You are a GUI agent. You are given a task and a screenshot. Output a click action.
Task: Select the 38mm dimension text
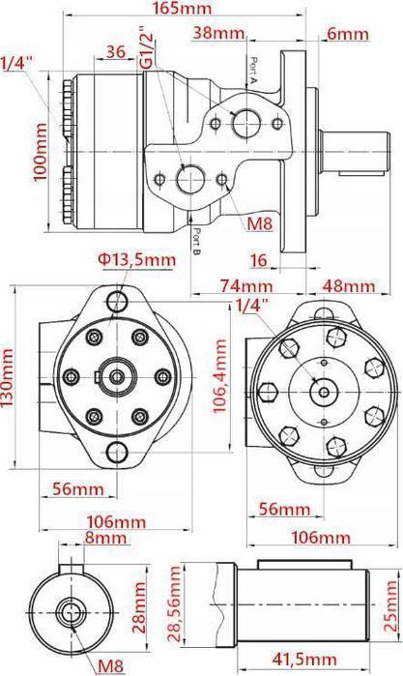(216, 33)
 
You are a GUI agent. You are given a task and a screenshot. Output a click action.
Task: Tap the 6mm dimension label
(349, 33)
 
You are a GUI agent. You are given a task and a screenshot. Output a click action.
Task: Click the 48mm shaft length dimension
(348, 286)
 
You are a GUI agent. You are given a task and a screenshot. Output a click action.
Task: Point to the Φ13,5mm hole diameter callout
(136, 259)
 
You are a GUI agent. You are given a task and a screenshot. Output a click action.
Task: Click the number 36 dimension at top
(116, 51)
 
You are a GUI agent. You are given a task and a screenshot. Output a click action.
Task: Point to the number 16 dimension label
(258, 260)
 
